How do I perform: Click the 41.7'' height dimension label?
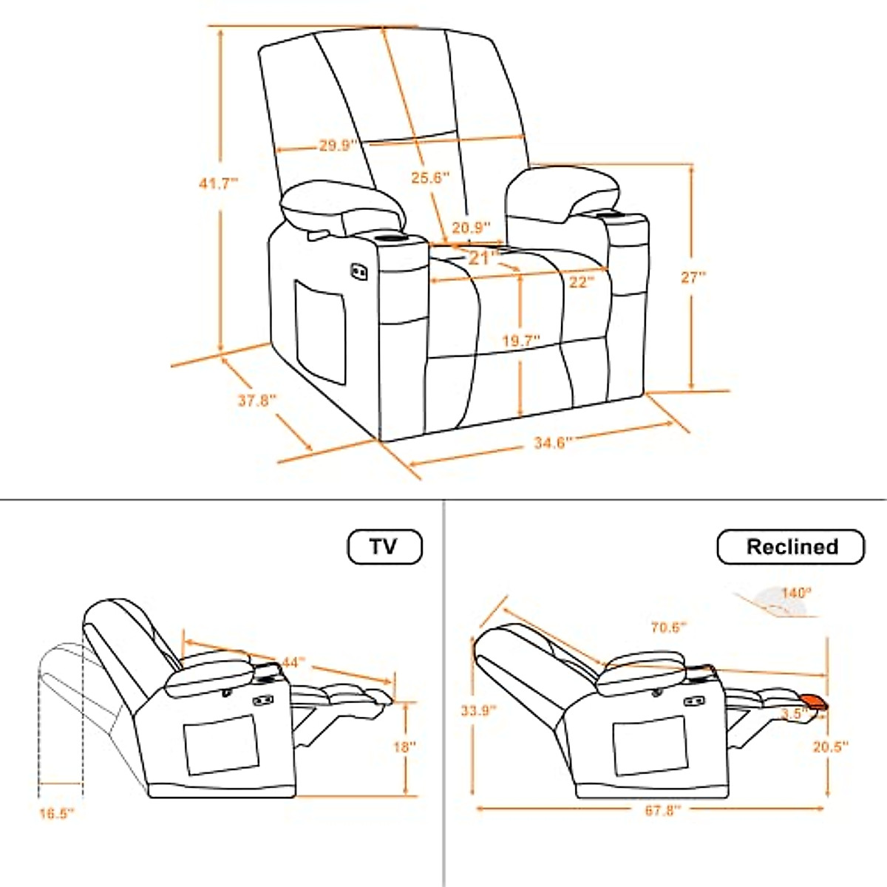click(219, 182)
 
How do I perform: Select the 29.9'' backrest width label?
click(339, 146)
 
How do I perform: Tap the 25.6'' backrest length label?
click(430, 177)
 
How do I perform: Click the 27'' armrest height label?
click(693, 277)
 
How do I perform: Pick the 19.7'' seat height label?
click(521, 341)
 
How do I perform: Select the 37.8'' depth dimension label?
click(256, 400)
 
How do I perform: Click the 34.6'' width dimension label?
click(553, 443)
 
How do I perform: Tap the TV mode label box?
click(384, 547)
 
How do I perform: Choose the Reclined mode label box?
click(791, 547)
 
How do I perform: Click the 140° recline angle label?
click(797, 593)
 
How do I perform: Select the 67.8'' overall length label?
click(662, 810)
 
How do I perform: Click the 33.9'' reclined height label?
click(476, 710)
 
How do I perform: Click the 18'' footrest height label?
click(405, 747)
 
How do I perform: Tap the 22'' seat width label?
click(582, 282)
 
